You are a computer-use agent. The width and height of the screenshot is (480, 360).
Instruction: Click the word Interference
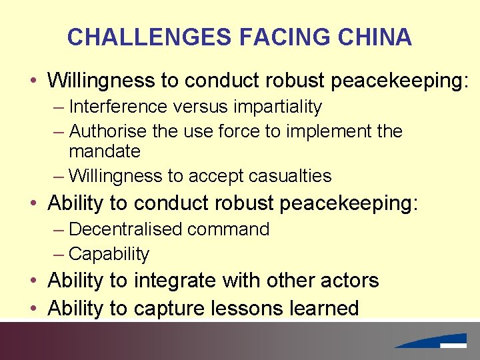tap(117, 107)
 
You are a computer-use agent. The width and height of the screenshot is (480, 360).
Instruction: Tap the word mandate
tap(105, 151)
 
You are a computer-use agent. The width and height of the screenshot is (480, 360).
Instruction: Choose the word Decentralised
tap(126, 229)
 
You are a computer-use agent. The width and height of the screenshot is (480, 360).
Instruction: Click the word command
tap(229, 229)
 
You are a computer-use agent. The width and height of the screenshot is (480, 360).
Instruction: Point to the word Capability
tap(109, 254)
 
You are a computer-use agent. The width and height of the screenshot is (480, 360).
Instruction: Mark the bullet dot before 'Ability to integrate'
tap(33, 281)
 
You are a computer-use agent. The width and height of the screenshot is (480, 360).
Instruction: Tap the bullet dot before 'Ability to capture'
tap(33, 309)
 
